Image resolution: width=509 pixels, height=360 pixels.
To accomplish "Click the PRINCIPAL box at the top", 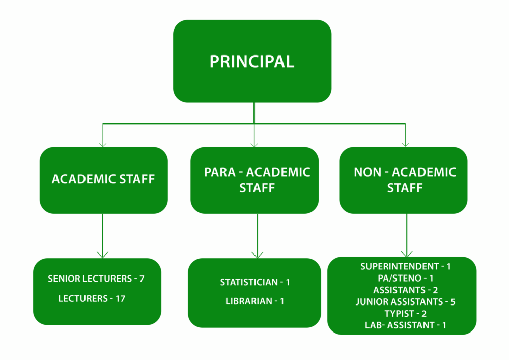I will tap(252, 61).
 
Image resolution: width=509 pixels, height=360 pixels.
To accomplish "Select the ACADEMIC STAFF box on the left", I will tap(103, 180).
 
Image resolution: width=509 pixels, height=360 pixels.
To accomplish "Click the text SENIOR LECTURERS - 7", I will tap(97, 279).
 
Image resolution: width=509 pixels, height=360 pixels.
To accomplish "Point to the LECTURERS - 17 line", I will tap(92, 298).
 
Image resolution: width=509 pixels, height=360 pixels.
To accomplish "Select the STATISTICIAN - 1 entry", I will tap(254, 282).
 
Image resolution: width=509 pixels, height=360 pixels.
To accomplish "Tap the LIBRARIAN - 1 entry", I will tap(254, 301).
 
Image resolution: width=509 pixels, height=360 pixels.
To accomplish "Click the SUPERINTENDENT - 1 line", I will tap(406, 266).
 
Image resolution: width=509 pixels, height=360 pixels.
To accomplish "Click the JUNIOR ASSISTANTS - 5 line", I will tap(405, 301).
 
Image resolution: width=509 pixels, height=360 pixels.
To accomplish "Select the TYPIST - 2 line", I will tap(406, 313).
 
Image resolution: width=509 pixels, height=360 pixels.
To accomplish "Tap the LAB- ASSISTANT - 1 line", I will tap(406, 325).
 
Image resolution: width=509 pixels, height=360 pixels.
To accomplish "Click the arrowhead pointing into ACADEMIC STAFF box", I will tap(103, 144).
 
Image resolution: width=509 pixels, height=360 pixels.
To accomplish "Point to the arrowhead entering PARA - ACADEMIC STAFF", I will tap(254, 144).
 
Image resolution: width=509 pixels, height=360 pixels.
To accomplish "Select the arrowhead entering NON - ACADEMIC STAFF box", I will tap(405, 144).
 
